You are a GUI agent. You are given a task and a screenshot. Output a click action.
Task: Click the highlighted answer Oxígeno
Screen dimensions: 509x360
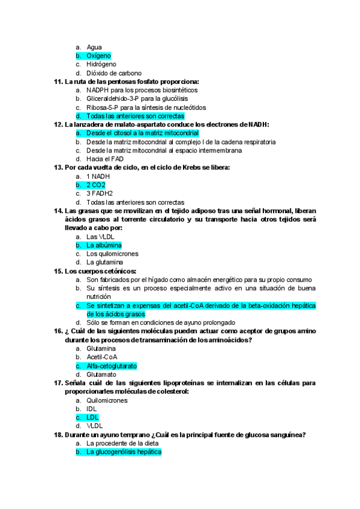[98, 56]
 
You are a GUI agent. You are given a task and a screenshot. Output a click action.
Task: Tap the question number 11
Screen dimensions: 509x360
[58, 82]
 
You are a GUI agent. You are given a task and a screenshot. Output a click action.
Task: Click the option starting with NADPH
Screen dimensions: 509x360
[142, 90]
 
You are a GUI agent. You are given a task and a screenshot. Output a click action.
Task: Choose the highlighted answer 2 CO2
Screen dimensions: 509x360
[96, 185]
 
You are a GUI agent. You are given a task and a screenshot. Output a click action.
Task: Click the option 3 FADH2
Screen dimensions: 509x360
[100, 194]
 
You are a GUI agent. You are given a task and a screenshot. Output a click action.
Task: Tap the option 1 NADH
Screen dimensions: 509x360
[98, 176]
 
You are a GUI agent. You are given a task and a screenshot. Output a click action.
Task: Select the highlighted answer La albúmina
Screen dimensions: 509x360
[104, 245]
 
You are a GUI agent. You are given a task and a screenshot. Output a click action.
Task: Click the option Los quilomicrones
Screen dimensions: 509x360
[112, 254]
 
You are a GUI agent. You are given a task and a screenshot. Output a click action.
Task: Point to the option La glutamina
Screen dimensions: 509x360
[105, 262]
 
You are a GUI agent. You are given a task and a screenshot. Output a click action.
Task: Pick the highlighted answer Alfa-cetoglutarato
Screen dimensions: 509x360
[112, 366]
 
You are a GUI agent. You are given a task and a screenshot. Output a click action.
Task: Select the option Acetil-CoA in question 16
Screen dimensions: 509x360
[101, 357]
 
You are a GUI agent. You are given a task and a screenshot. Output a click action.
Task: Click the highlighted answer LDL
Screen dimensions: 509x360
[92, 417]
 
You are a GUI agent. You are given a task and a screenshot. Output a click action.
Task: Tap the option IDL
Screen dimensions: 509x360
[92, 409]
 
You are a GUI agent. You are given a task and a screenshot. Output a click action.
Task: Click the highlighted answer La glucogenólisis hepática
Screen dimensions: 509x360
[124, 452]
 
